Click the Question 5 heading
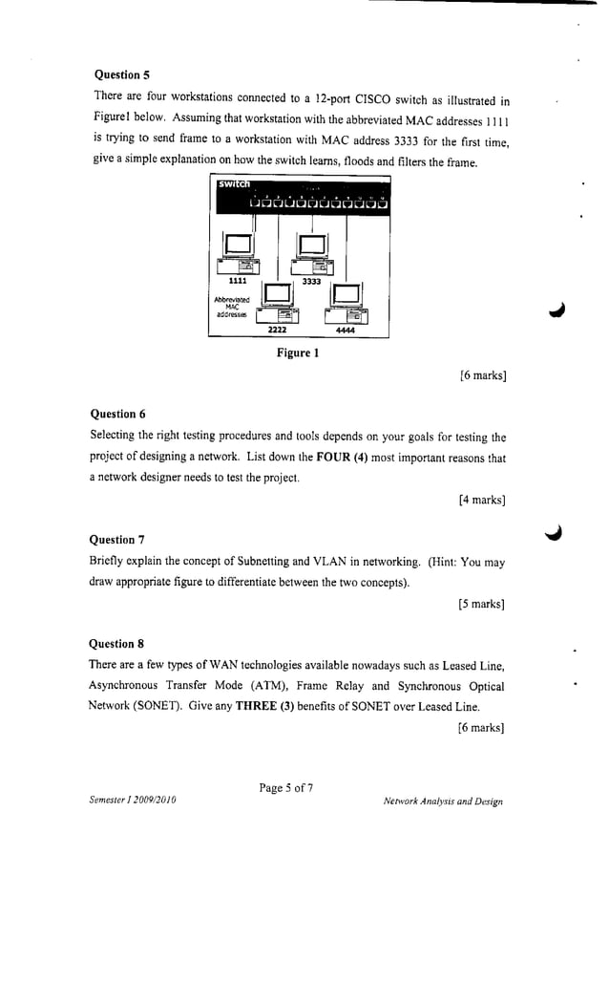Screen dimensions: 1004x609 [122, 74]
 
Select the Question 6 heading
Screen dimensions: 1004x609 [117, 414]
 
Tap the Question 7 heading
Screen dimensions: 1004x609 [116, 540]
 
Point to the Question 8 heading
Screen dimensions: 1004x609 [116, 643]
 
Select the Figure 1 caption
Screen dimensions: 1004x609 [297, 353]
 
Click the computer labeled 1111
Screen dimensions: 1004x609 [239, 253]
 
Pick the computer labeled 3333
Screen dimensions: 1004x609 [312, 253]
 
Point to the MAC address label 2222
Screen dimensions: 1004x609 [277, 329]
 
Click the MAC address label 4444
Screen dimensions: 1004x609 [345, 330]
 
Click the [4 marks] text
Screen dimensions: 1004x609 [481, 500]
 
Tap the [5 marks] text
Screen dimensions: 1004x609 [481, 604]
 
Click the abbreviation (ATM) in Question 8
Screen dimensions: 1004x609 [242, 686]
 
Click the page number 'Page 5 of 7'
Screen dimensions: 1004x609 [285, 788]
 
